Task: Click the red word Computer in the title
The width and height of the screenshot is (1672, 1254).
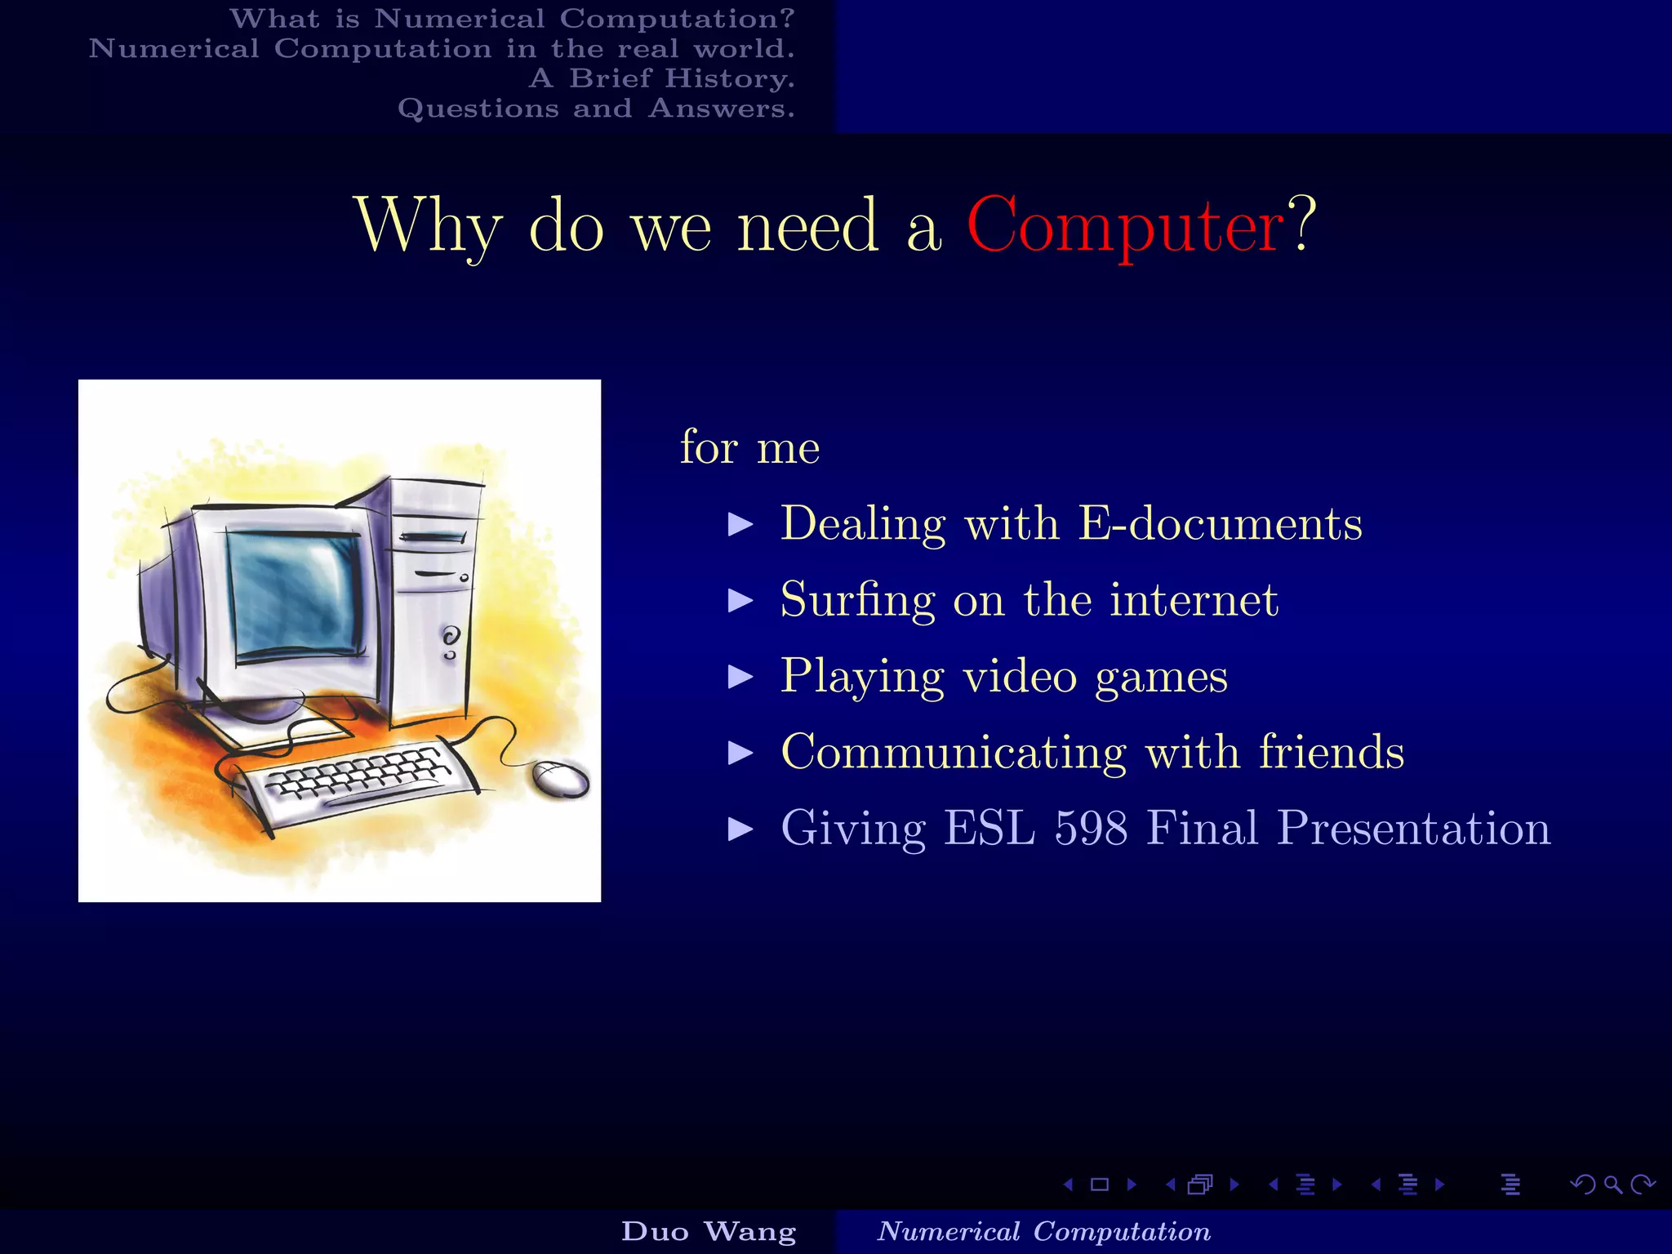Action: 1125,226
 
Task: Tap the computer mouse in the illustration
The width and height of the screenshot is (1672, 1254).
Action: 560,780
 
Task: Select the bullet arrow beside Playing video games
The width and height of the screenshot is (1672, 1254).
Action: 740,677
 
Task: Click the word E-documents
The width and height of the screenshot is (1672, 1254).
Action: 1220,523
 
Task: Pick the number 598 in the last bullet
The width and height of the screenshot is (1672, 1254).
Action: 1092,828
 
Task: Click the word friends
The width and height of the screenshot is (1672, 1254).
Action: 1331,752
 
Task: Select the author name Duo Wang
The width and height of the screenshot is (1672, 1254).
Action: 709,1231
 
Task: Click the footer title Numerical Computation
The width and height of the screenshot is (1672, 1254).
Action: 1043,1231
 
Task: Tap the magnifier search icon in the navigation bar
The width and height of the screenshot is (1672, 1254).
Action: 1613,1185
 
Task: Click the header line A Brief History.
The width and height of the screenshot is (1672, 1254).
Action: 661,78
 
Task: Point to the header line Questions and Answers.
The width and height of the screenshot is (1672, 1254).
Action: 596,109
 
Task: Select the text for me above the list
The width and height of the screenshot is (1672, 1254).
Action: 749,447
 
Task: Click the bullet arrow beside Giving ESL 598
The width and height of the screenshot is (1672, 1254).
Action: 740,829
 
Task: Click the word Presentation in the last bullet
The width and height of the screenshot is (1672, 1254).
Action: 1414,828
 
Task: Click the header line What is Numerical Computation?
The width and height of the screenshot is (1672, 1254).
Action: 512,19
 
